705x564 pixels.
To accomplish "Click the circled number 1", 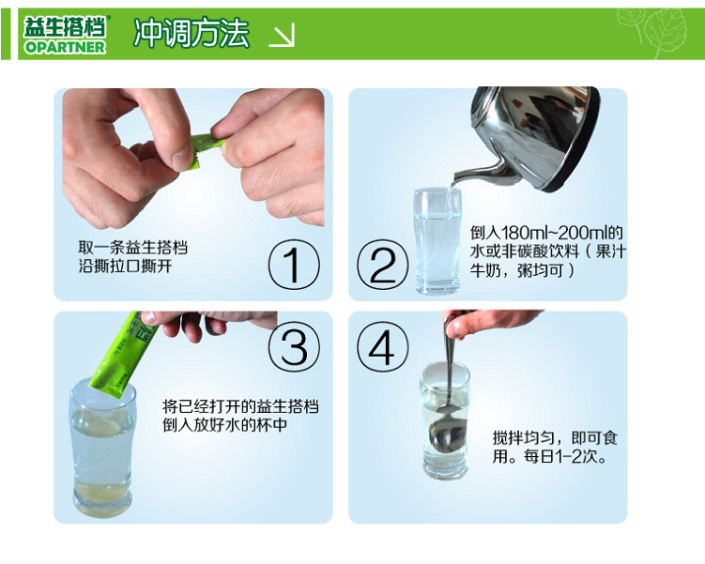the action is click(294, 265).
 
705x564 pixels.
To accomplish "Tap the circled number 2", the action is click(383, 265).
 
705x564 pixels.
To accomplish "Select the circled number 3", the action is click(294, 346).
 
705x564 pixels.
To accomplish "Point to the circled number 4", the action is click(383, 346).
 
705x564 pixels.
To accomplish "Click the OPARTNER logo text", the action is click(65, 47).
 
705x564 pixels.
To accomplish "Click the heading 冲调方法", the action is click(192, 32).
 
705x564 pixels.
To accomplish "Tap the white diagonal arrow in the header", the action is click(282, 35).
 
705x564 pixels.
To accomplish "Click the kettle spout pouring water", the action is click(477, 174).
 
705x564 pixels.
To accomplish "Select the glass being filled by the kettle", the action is click(437, 241).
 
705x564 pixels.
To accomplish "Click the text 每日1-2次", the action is click(565, 456).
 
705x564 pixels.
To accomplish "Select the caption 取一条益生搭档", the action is click(133, 247).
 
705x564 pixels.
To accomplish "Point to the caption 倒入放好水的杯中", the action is click(224, 425).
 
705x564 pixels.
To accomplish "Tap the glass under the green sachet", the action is click(102, 450).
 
